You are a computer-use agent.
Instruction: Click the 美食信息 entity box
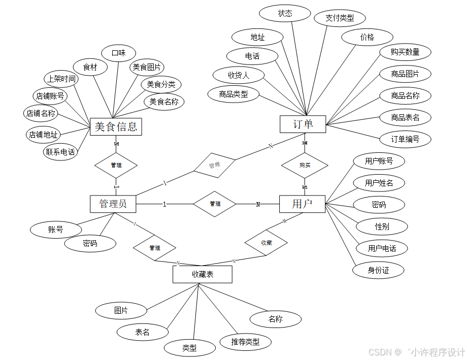(x=116, y=127)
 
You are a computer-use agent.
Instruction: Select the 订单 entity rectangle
(x=303, y=124)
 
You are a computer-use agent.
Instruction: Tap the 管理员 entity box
(x=113, y=204)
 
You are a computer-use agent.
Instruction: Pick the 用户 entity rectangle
(x=302, y=204)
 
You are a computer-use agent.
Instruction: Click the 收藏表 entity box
(x=203, y=275)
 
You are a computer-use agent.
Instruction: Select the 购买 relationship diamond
(x=305, y=165)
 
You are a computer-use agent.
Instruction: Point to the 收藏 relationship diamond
(x=266, y=243)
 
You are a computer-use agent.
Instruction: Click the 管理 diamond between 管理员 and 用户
(x=215, y=204)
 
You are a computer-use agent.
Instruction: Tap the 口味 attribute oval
(x=118, y=53)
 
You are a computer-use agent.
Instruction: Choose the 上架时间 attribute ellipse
(x=61, y=79)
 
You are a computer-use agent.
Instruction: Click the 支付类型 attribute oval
(x=340, y=18)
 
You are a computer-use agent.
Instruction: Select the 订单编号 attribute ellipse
(x=405, y=139)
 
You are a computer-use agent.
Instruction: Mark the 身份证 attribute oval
(x=378, y=270)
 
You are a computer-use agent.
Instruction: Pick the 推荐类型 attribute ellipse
(x=245, y=342)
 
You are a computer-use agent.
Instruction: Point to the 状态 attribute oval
(x=285, y=14)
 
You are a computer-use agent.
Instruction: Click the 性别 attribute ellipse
(x=382, y=226)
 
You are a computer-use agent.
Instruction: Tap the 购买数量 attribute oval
(x=405, y=52)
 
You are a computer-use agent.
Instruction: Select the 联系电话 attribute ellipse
(x=60, y=152)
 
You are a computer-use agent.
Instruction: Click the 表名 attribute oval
(x=142, y=332)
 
